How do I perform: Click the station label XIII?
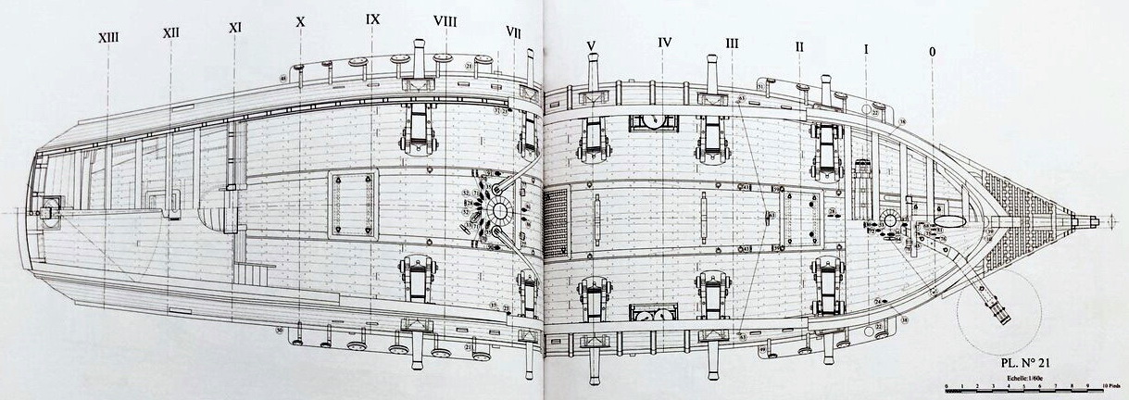(x=107, y=37)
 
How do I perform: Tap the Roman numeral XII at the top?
(x=170, y=32)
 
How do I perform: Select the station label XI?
(x=234, y=28)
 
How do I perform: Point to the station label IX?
(x=372, y=19)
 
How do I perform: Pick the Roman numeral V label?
(x=591, y=44)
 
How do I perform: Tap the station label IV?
(x=664, y=42)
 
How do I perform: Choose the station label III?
(x=732, y=44)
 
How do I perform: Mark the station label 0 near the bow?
(x=932, y=54)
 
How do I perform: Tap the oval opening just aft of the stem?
(x=947, y=222)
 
